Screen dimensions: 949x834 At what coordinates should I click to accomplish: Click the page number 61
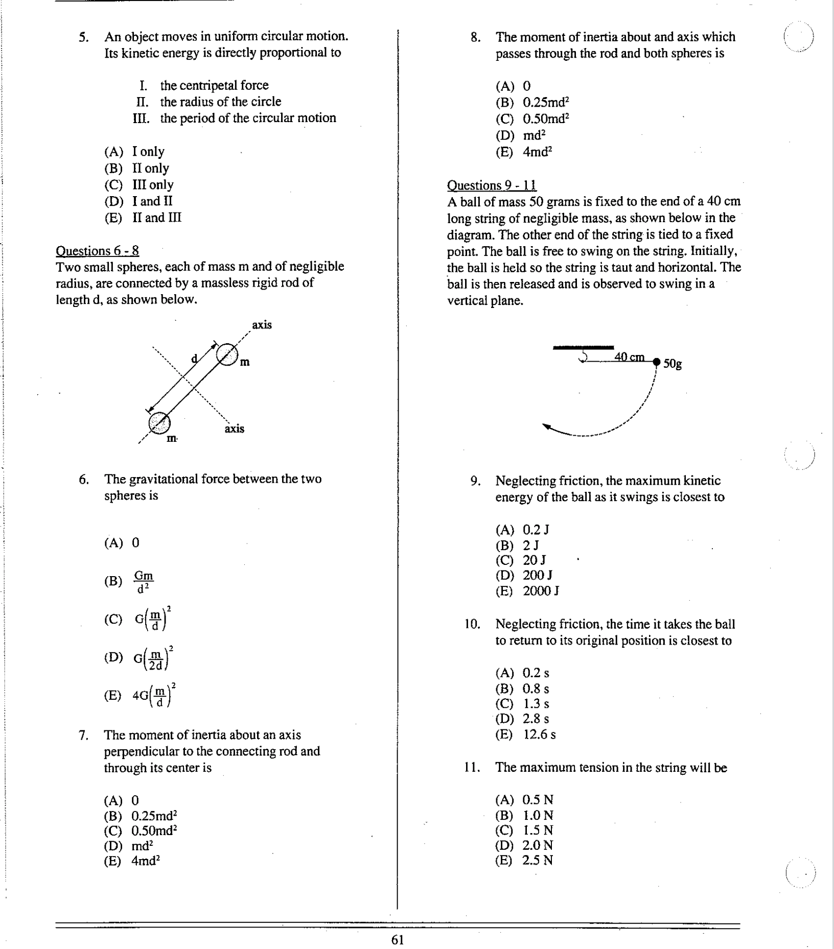tap(398, 940)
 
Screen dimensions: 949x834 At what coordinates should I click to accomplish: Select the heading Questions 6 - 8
tap(97, 251)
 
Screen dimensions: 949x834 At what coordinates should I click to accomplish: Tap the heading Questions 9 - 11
tap(492, 185)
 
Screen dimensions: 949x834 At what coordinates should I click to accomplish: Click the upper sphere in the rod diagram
tap(227, 353)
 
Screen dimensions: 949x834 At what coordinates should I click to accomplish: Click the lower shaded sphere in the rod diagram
tap(159, 422)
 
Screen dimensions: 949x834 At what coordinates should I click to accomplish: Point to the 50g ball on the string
tap(657, 362)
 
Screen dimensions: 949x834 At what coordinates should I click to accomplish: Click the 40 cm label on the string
tap(629, 357)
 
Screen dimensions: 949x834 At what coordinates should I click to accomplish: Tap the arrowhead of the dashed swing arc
tap(547, 426)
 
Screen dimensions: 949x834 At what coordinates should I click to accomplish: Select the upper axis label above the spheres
tap(262, 325)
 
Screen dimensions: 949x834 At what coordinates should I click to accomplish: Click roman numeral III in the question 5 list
tap(141, 118)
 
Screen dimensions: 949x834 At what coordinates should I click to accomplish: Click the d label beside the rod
tap(194, 358)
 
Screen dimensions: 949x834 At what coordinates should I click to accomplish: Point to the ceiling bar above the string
tap(583, 347)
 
